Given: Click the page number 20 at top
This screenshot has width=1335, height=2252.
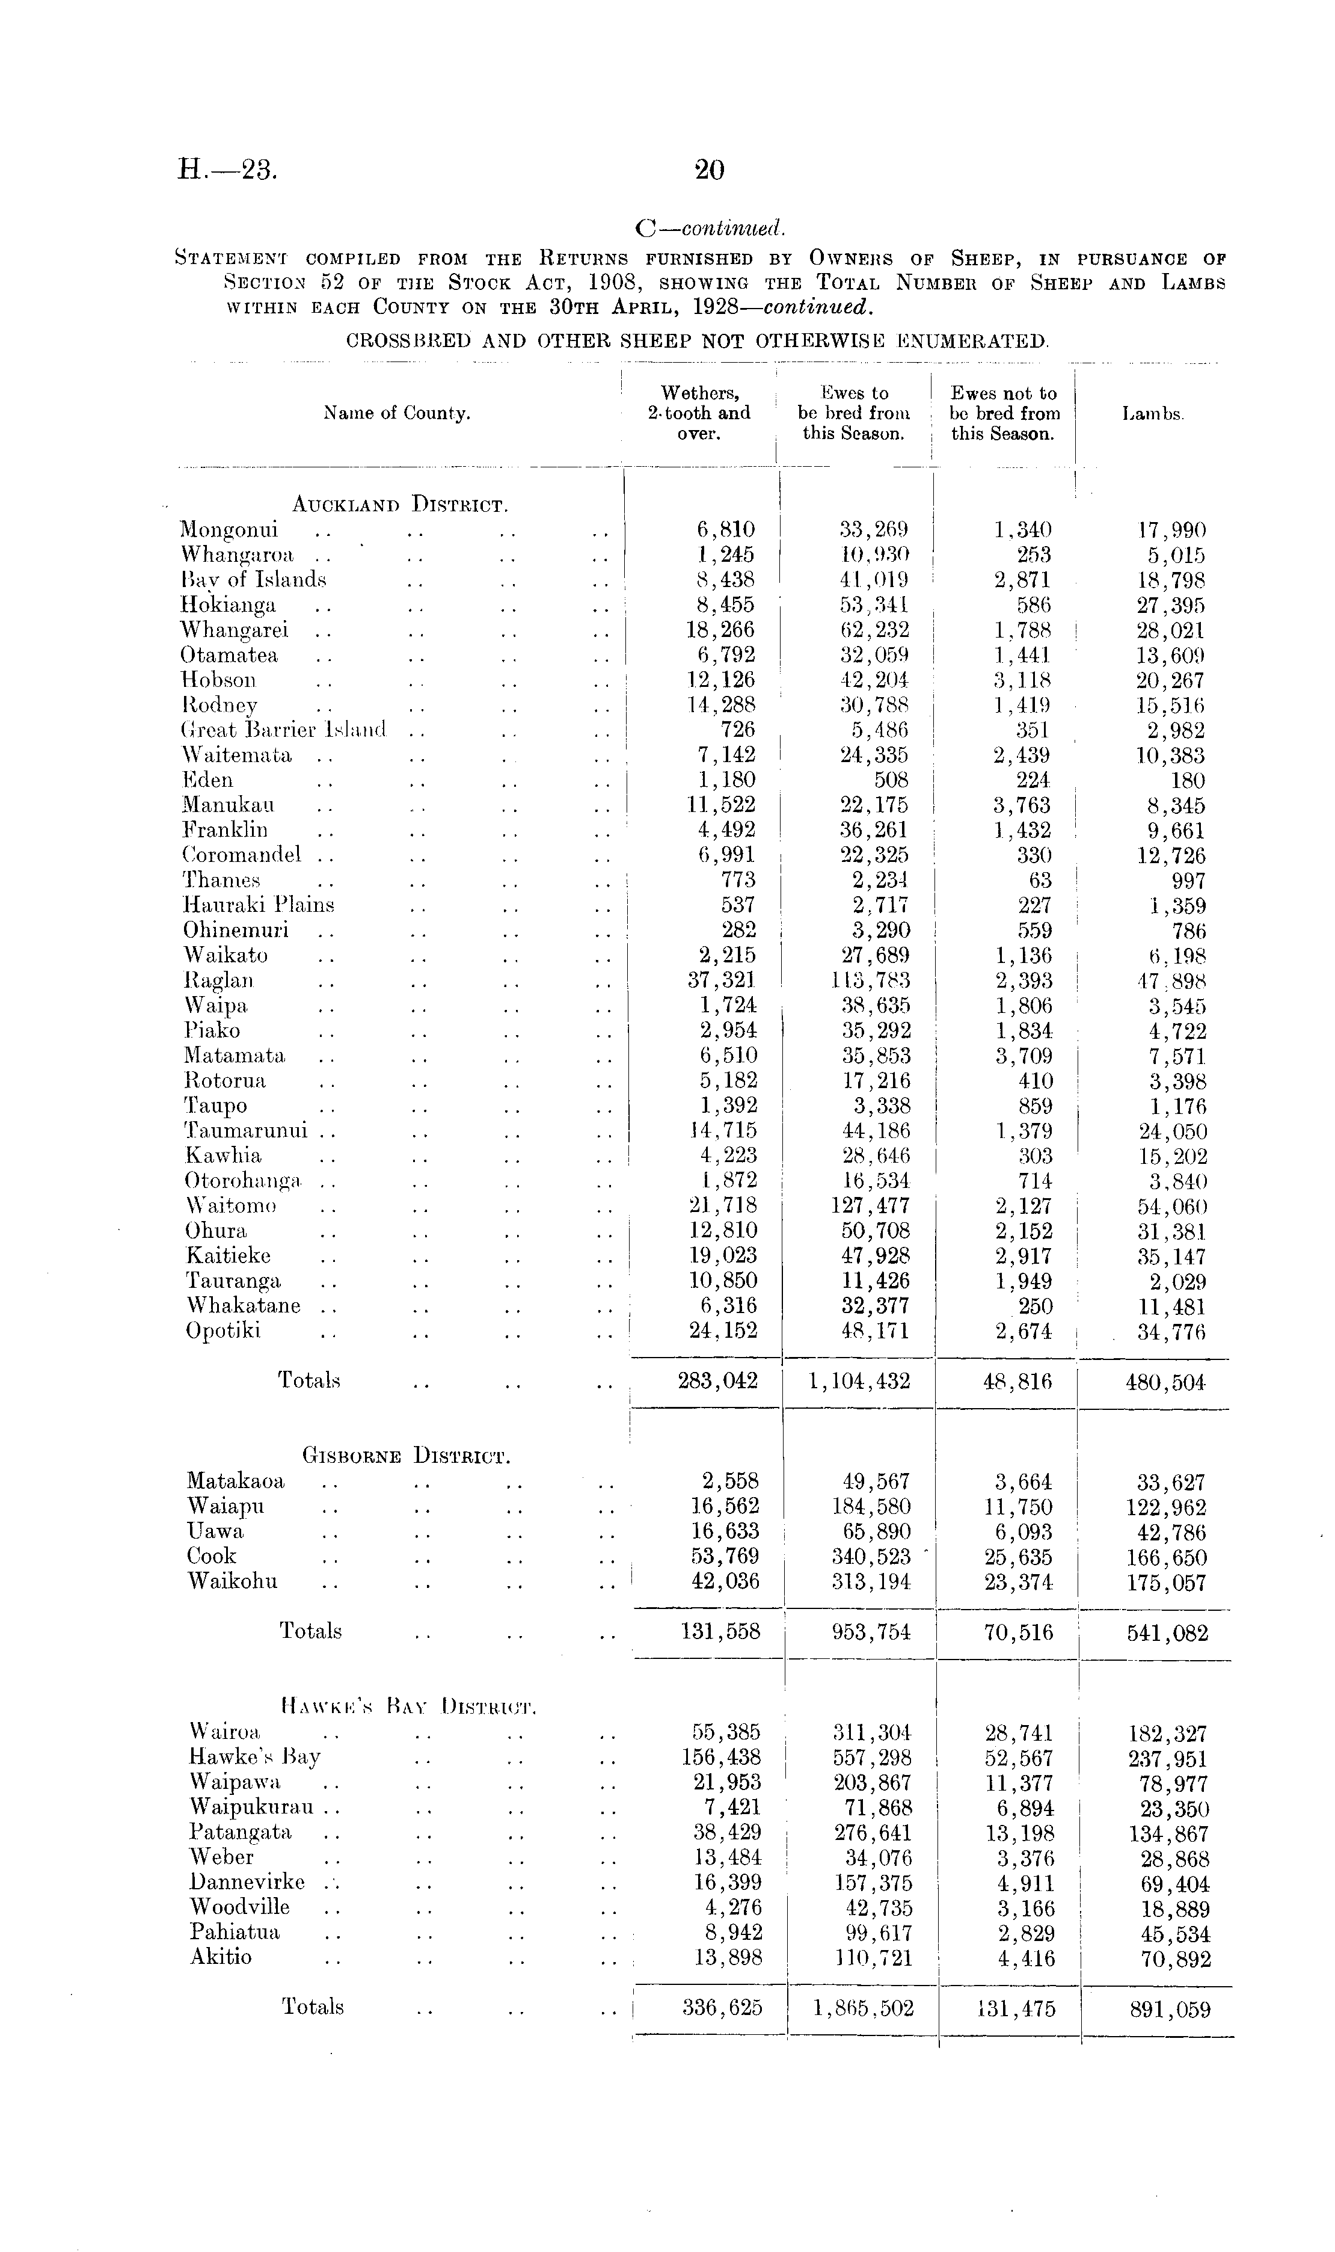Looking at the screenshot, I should [709, 169].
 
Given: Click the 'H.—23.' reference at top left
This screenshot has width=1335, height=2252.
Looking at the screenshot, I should [227, 169].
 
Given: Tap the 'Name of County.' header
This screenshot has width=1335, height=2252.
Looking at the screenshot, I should [397, 414].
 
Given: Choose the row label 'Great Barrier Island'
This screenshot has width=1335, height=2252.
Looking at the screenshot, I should [283, 730].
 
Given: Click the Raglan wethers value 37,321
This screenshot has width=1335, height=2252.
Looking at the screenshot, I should [722, 980].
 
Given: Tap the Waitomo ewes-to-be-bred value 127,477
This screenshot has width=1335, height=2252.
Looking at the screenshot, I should [870, 1205].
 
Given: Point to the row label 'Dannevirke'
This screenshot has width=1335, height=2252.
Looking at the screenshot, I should [247, 1882].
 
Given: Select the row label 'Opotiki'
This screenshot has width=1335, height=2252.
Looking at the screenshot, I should [223, 1331].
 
